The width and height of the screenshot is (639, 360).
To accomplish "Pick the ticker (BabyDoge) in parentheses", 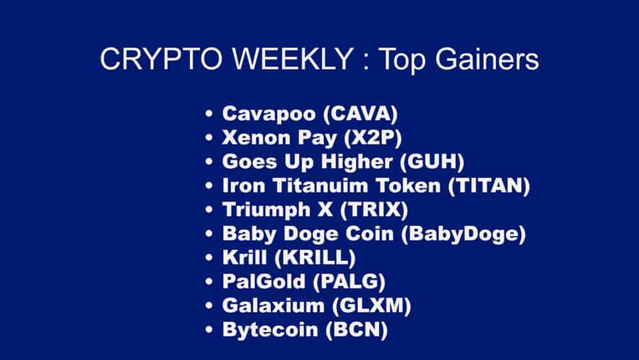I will point(463,234).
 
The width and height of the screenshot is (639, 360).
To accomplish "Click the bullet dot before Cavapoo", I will point(210,116).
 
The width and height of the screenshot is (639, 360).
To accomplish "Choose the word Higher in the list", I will point(353,163).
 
